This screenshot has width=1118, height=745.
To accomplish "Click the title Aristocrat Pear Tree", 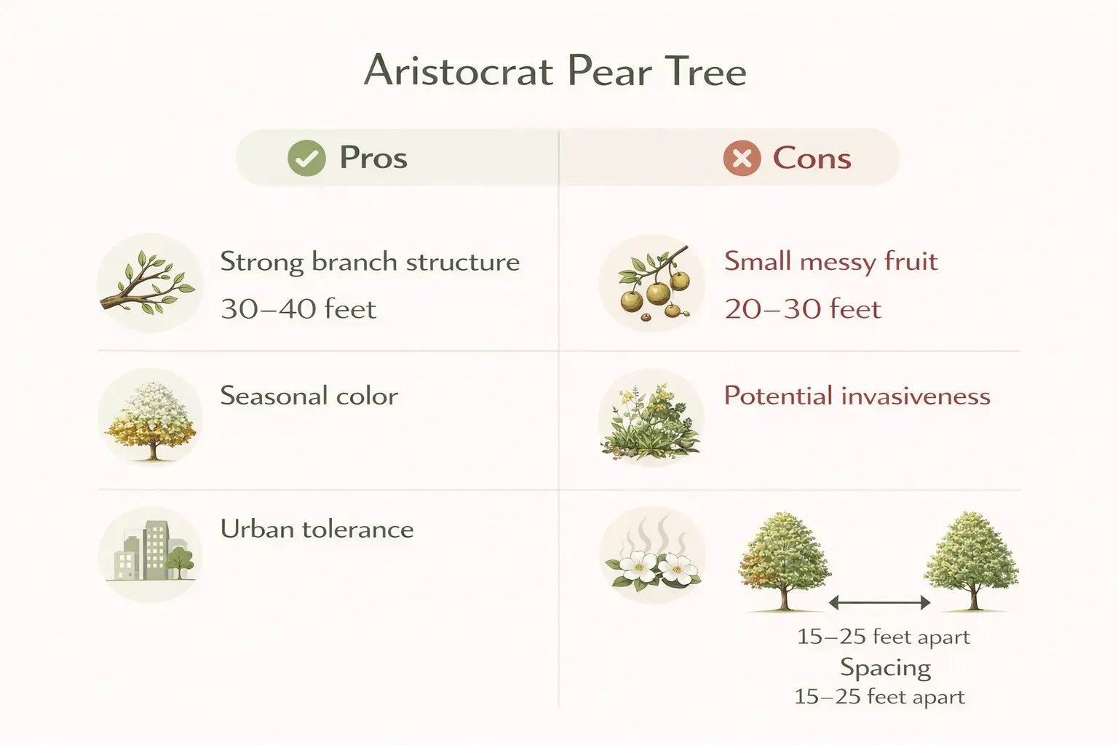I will (x=555, y=71).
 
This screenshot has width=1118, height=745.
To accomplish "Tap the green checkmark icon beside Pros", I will (x=306, y=158).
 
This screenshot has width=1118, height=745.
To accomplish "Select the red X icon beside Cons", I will (x=742, y=158).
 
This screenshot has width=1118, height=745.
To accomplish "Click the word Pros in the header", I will (x=373, y=158).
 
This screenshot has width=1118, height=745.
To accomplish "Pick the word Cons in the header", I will (x=812, y=158).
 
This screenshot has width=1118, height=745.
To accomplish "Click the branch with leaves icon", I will (x=149, y=283).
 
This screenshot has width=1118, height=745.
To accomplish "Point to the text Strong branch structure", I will (x=370, y=262).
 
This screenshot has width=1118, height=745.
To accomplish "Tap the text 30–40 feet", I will (x=298, y=309).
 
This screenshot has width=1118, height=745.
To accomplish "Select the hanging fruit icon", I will (x=652, y=283).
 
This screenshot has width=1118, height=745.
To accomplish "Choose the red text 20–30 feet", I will (x=802, y=309).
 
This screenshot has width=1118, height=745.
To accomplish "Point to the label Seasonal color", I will (x=309, y=397).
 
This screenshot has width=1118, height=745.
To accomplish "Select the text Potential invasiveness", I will (x=857, y=397).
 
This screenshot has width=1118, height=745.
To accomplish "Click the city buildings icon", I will (x=151, y=554).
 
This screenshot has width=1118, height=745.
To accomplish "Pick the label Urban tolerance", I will (x=317, y=529).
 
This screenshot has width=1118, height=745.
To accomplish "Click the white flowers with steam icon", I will (x=652, y=555).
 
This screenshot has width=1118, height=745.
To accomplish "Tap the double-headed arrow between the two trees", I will (x=879, y=602).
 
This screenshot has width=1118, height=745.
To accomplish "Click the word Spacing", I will (x=885, y=667).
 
